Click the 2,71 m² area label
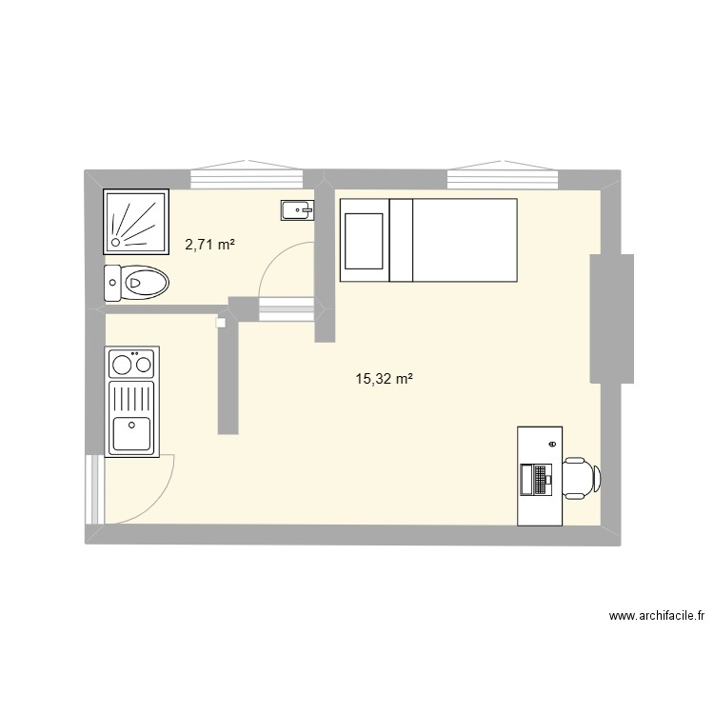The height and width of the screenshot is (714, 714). point(209,245)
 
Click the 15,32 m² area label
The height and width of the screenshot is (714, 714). point(384,379)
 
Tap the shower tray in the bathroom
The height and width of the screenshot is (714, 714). point(135,220)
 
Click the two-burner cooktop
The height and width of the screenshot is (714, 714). point(132,362)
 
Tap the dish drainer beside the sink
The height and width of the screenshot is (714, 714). point(131,395)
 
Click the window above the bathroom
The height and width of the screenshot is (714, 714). point(245,176)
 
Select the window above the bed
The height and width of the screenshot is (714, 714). point(503,176)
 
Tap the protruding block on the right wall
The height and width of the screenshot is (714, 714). point(612,319)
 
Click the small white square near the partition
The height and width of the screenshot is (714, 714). point(221,323)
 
